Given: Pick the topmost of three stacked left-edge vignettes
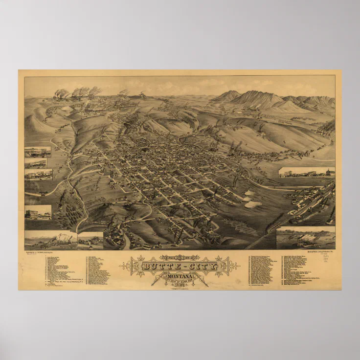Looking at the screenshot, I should point(38,151).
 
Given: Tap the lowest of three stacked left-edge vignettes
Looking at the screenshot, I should point(38,174).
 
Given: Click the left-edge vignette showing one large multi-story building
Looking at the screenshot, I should point(38,212).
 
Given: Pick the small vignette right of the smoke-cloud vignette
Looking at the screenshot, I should point(90,240).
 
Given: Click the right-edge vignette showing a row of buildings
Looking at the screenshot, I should point(307,172).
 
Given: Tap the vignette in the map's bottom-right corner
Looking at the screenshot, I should point(306,238).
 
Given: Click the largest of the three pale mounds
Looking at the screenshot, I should point(253,204).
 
